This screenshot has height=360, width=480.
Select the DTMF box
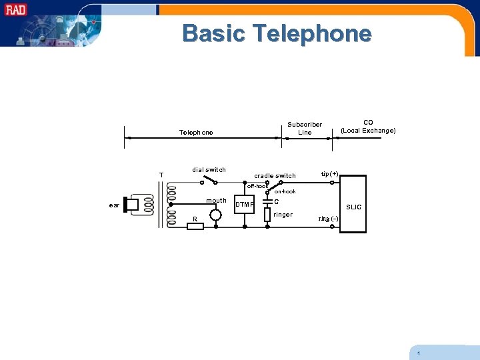pos(245,205)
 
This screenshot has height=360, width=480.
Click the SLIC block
pos(353,204)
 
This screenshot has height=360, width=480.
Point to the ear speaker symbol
pos(131,205)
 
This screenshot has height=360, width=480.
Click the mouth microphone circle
pos(215,215)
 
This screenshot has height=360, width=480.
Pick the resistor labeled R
pos(195,226)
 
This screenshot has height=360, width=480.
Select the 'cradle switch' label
pos(275,176)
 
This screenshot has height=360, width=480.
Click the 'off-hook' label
pos(257,186)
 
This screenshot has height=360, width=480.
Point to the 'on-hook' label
pos(285,192)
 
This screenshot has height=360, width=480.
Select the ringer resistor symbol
pos(267,215)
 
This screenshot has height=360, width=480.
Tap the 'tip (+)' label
pos(329,174)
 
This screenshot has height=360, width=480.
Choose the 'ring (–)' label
pos(328,219)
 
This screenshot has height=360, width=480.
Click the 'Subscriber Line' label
pos(305,128)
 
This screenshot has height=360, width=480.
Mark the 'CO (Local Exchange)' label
pos(368,127)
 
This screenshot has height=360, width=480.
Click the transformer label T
pos(161,175)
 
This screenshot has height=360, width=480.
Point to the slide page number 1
pos(418,353)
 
